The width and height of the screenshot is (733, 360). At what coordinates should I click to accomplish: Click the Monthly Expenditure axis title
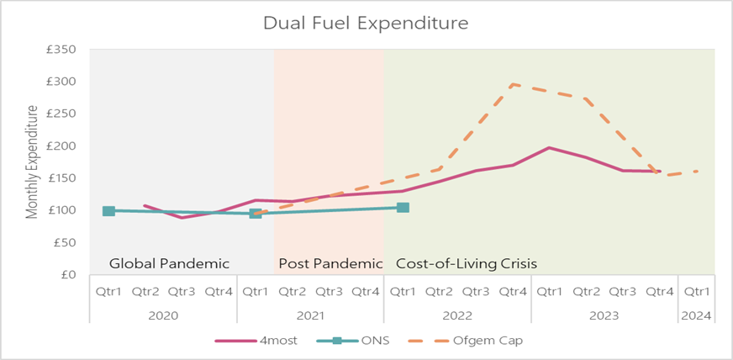click(33, 162)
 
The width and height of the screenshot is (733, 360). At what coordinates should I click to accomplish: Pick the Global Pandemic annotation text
click(169, 263)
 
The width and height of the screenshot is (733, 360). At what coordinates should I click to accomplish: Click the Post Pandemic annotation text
click(330, 263)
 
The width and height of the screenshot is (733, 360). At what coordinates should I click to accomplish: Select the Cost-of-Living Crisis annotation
click(466, 263)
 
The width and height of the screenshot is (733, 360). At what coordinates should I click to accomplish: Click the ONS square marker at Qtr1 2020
click(108, 211)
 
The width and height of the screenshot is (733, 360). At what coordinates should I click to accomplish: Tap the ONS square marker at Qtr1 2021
click(256, 213)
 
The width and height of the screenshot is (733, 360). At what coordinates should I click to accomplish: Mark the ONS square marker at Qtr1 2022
click(403, 207)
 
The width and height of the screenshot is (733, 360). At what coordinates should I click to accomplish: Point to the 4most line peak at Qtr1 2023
click(549, 148)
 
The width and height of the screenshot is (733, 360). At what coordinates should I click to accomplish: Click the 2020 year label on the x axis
click(163, 315)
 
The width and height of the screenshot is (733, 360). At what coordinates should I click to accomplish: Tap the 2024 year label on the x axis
click(697, 315)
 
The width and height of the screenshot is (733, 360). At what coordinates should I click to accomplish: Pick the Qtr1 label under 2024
click(697, 292)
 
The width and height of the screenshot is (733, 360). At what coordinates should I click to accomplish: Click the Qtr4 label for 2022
click(512, 292)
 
